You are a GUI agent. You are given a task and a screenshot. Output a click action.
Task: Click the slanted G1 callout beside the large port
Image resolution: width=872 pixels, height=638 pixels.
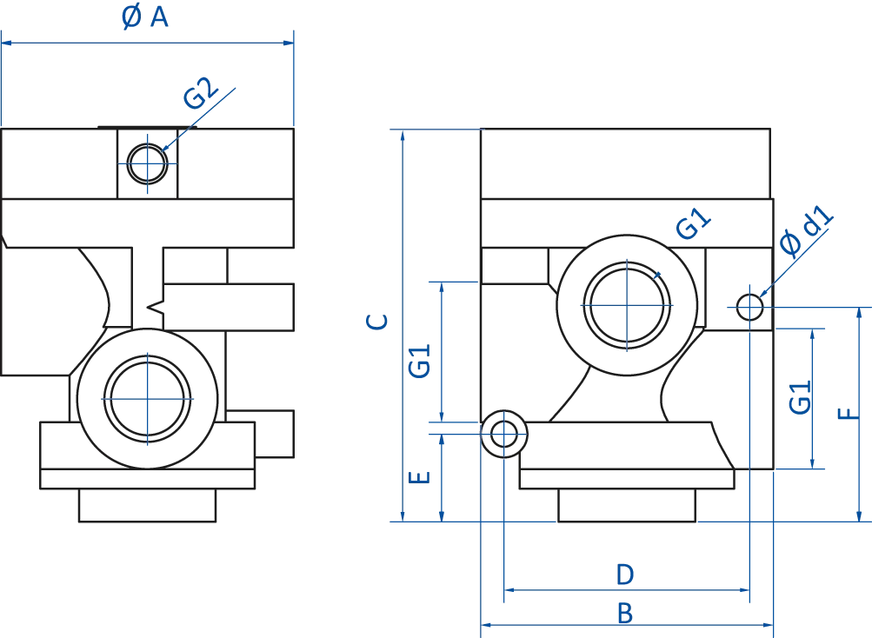pos(690,225)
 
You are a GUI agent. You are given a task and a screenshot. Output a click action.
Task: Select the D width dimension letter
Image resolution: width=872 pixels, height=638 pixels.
pos(622,575)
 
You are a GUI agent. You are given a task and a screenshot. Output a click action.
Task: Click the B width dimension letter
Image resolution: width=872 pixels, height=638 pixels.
pos(623,613)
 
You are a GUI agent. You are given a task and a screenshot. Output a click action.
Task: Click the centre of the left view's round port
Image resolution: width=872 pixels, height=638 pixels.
pos(149,398)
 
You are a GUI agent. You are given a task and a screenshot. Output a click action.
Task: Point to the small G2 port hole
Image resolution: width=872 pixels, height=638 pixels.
pos(149,163)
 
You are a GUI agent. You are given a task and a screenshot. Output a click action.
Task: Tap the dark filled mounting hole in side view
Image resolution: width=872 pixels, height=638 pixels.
pos(503,430)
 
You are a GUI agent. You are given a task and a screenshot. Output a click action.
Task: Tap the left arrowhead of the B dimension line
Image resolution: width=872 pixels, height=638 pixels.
pos(487,623)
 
